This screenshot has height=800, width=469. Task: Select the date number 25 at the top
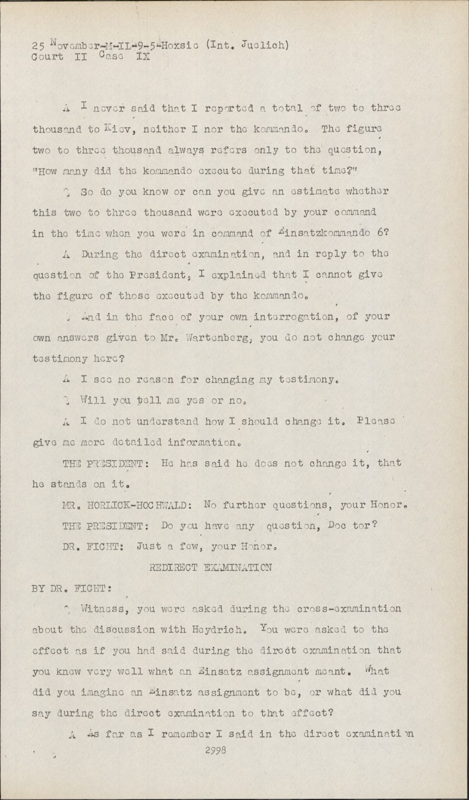point(38,46)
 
